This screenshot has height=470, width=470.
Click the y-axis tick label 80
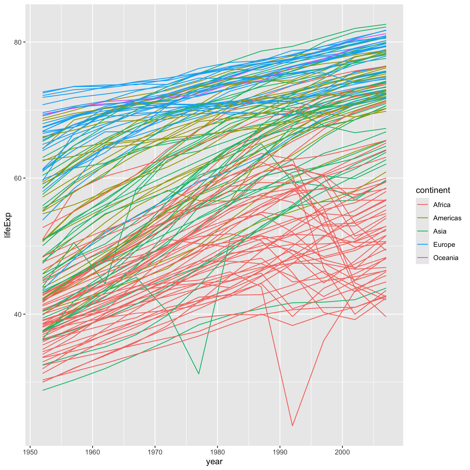18,42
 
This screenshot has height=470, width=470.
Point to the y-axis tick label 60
18,178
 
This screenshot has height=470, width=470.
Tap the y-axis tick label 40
18,314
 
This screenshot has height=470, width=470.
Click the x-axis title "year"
214,462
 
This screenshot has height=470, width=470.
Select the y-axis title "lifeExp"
8,225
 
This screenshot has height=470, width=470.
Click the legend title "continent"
433,190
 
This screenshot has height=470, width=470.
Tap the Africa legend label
441,205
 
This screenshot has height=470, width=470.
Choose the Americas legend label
447,218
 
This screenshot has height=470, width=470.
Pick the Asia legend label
439,231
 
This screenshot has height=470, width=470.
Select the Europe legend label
444,245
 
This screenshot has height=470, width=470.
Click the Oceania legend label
446,258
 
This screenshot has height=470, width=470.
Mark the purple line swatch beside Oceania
422,258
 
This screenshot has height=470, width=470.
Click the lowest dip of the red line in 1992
292,425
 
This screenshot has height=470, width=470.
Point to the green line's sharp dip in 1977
199,374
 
